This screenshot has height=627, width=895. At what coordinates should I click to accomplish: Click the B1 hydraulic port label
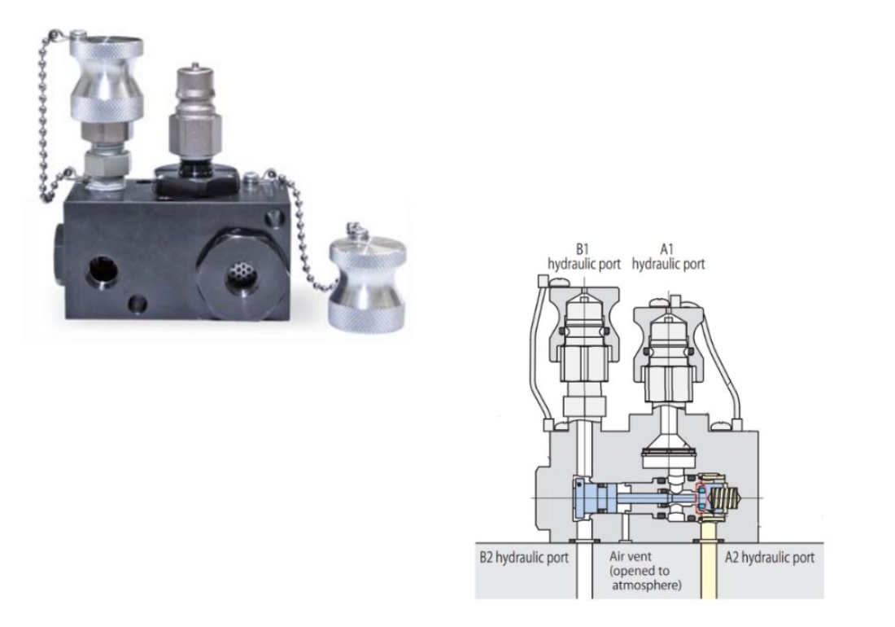583,256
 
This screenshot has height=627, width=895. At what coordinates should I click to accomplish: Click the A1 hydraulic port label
668,256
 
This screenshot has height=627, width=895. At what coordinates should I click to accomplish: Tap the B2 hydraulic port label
524,558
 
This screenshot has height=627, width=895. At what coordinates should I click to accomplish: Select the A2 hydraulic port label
770,558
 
